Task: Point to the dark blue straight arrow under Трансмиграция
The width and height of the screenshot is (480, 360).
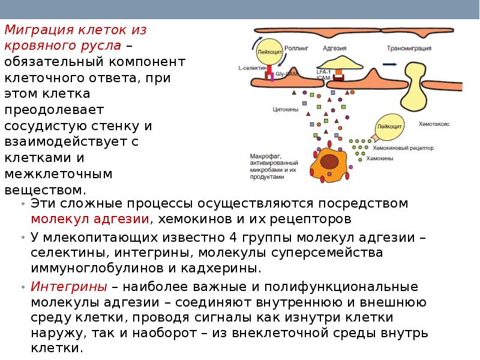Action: tap(389, 64)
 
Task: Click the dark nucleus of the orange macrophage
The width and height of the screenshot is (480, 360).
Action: tap(329, 161)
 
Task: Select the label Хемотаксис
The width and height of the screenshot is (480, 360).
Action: tap(434, 123)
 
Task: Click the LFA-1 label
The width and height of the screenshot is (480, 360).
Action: tap(323, 72)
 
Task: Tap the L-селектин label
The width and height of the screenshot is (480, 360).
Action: tap(252, 68)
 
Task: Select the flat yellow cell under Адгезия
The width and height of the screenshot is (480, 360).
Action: tap(341, 62)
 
